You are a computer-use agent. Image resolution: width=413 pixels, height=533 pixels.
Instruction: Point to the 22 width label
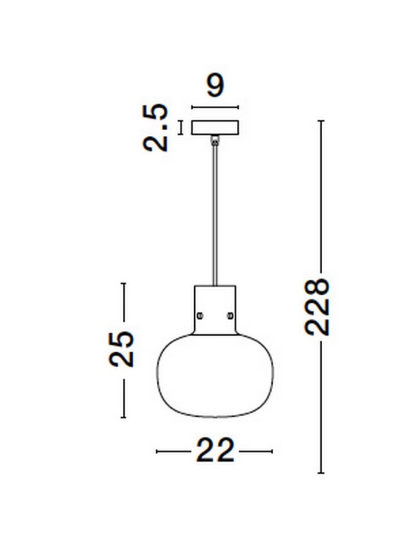(x=215, y=451)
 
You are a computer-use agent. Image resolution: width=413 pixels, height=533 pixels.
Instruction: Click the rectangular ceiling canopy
(x=215, y=128)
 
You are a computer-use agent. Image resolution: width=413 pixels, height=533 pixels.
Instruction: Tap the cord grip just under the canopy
(x=215, y=140)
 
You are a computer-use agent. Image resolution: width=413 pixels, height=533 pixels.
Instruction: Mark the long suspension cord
(x=215, y=213)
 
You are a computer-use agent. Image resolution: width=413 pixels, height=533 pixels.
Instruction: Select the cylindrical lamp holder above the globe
(x=215, y=309)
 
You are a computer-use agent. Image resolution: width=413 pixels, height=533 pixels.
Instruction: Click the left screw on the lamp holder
(x=200, y=315)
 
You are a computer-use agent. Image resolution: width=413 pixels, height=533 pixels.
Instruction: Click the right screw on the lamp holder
(x=231, y=315)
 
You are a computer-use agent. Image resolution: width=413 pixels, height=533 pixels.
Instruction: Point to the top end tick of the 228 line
(x=321, y=121)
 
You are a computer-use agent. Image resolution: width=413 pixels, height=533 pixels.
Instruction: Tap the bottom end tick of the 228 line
(x=321, y=473)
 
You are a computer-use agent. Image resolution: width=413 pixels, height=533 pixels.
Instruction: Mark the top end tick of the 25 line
(x=124, y=283)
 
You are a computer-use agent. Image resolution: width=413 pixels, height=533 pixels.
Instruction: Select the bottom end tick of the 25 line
(x=124, y=417)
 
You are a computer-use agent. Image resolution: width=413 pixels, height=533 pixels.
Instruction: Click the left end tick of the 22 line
(x=156, y=451)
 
